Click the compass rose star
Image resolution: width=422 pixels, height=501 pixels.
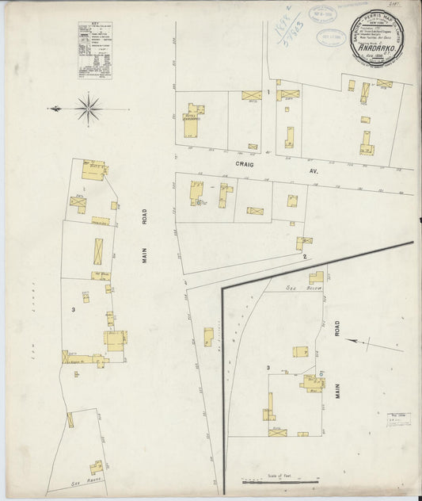(89, 107)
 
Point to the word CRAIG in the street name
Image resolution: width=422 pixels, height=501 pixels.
(244, 159)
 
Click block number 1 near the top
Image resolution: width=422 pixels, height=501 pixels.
(268, 93)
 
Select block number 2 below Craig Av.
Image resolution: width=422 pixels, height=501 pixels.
(303, 257)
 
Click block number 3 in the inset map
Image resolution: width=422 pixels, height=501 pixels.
(269, 368)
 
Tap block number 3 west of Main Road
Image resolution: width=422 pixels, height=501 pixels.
(73, 308)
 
